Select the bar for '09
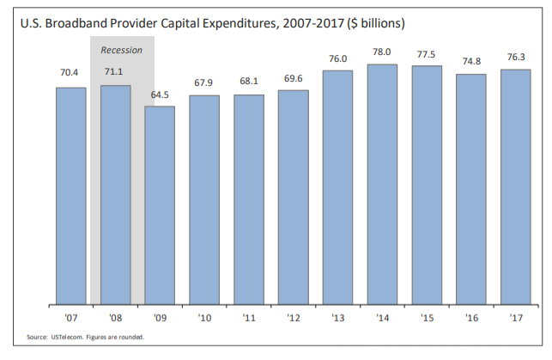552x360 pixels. coord(160,205)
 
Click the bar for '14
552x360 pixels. coord(382,185)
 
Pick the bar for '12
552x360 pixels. coord(293,198)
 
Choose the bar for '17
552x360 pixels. coord(515,187)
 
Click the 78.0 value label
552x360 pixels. coord(382,52)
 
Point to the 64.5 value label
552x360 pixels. coord(160,94)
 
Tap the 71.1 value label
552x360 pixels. coord(116,72)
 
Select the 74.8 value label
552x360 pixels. coord(470,62)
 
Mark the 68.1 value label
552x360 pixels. coord(249,82)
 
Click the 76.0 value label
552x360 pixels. coord(337,58)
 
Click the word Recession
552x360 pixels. coord(121,51)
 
